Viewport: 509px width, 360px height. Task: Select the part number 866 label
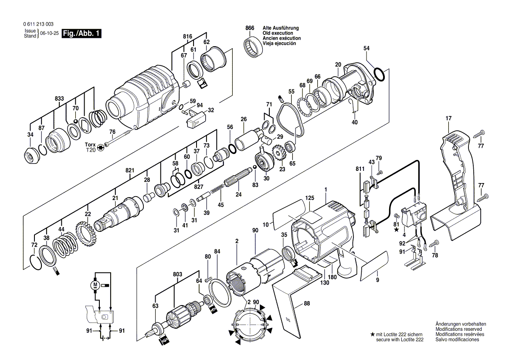click(249, 28)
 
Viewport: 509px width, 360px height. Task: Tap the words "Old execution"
click(277, 33)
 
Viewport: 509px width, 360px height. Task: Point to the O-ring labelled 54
click(379, 75)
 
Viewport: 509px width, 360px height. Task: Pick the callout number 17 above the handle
click(448, 119)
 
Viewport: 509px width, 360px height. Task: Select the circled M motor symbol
click(95, 285)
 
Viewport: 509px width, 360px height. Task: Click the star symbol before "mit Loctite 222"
click(372, 334)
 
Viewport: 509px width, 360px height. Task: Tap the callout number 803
click(177, 275)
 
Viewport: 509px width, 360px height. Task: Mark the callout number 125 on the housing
click(309, 198)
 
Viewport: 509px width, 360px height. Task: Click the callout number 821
click(130, 170)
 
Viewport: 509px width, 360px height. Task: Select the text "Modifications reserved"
click(461, 329)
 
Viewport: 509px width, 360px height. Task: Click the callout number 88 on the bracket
click(307, 304)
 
